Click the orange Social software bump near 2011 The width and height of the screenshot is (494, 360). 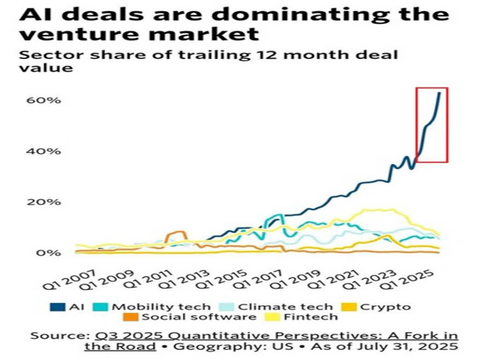pos(176,234)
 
